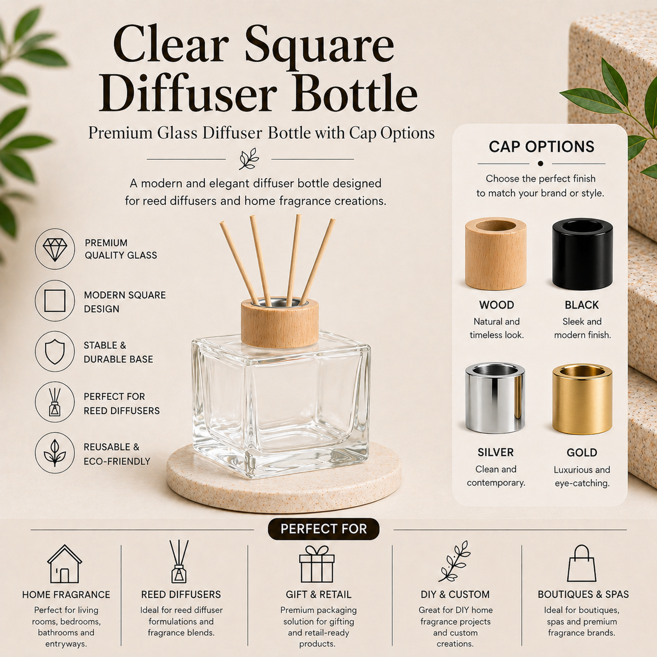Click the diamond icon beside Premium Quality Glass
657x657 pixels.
55,249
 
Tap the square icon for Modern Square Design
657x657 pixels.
55,301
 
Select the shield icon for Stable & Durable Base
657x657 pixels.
55,352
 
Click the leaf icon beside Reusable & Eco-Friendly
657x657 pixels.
55,453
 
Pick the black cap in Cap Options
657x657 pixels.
582,254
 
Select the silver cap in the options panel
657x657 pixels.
495,398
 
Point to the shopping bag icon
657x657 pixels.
582,564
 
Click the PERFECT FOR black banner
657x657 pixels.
323,529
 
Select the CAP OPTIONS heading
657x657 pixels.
541,147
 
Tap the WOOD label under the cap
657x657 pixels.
496,305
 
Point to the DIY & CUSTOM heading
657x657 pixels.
455,595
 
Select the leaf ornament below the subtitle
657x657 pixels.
249,159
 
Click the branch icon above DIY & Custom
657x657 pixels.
454,562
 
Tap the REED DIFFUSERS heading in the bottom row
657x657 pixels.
181,595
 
